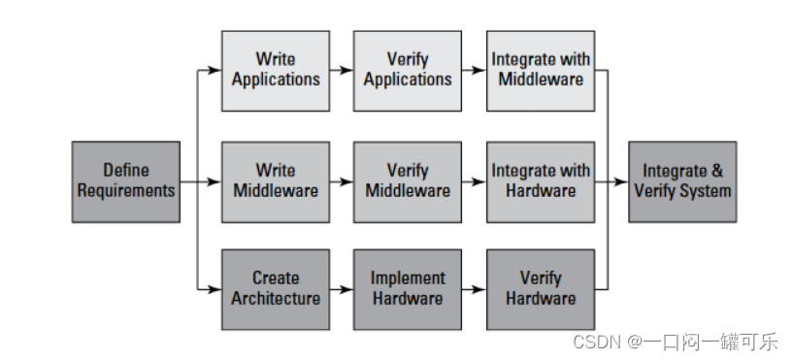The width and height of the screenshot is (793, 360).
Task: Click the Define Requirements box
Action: point(126,181)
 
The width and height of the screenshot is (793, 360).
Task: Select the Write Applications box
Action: point(276,70)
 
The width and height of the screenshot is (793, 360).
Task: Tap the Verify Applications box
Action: point(408,70)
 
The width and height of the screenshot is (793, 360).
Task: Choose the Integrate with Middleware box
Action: point(541,70)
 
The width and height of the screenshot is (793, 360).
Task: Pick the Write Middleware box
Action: point(276,181)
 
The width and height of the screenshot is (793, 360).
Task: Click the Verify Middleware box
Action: point(408,181)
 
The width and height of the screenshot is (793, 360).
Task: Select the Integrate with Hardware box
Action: point(541,181)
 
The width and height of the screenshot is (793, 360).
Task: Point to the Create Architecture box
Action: point(276,289)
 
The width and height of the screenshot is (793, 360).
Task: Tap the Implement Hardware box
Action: point(408,289)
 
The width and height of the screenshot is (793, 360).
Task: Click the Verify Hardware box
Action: point(541,289)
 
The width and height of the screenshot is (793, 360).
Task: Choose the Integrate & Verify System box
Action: point(682,181)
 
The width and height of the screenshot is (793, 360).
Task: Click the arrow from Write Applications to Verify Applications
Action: point(342,70)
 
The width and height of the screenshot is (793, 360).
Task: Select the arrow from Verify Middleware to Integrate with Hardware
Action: point(474,181)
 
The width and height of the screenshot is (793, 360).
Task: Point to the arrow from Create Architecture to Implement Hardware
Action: point(342,289)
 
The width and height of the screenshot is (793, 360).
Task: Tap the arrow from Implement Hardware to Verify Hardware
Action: point(474,289)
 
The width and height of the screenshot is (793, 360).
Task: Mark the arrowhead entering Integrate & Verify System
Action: point(623,181)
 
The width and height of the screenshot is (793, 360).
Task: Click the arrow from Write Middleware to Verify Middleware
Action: point(342,181)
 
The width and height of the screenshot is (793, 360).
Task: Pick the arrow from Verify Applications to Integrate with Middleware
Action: point(474,70)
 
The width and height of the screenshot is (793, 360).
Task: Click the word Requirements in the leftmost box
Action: point(126,191)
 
